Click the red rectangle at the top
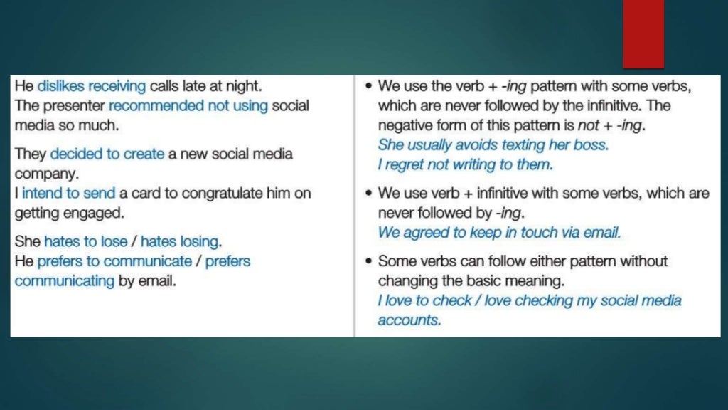tap(643, 34)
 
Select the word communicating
tap(64, 280)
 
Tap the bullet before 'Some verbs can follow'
tap(367, 261)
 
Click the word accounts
tap(409, 320)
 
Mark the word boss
tap(590, 144)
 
